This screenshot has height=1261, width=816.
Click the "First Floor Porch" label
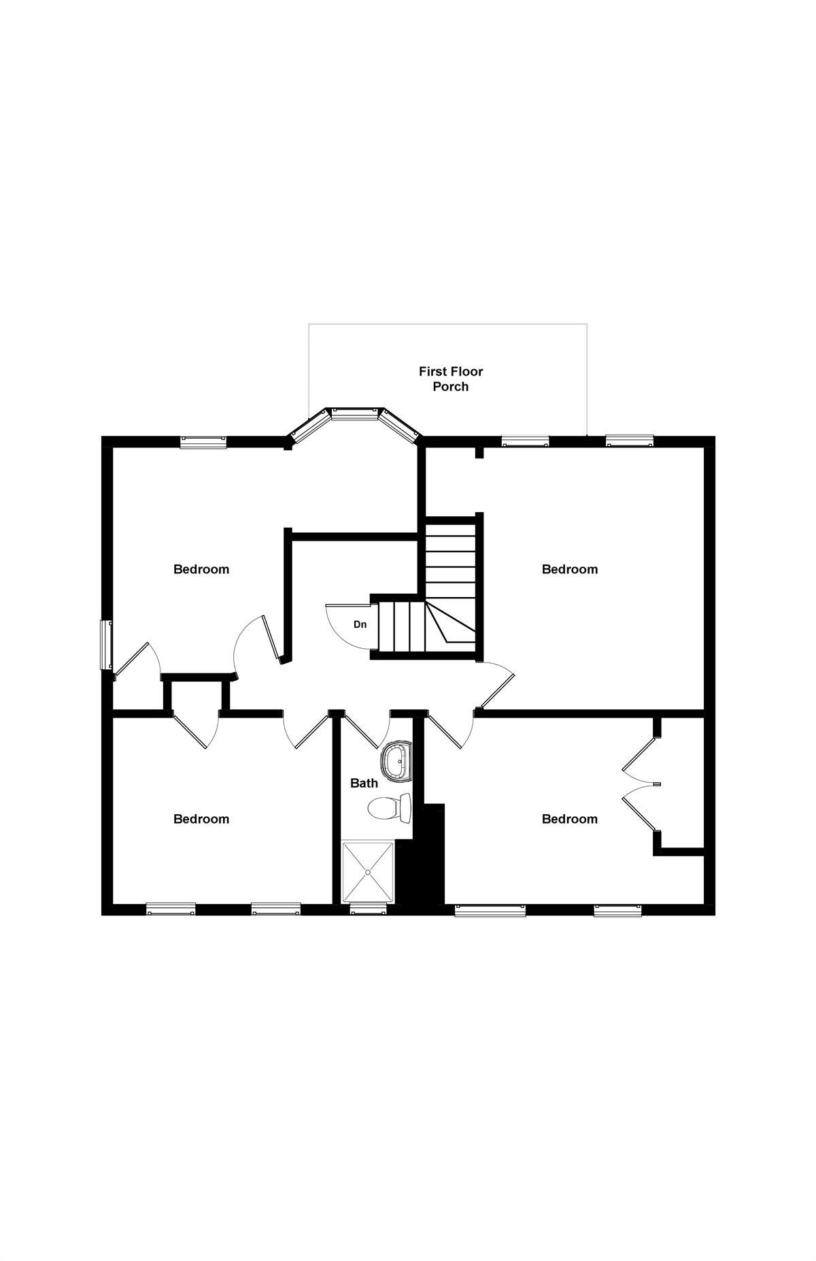[x=451, y=379]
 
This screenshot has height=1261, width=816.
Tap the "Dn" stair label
[x=360, y=624]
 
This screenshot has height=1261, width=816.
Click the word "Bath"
[x=364, y=783]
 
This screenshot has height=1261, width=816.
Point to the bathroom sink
[x=396, y=761]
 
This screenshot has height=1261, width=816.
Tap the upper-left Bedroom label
[x=201, y=569]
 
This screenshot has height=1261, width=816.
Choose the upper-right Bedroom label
[x=570, y=569]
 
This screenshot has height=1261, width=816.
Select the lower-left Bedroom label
[x=201, y=819]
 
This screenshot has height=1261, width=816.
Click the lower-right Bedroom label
[x=570, y=819]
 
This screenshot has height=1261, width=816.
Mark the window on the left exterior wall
[x=106, y=644]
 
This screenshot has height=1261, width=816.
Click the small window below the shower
[x=368, y=909]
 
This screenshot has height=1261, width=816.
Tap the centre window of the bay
[x=357, y=413]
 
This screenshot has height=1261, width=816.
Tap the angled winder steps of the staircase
[x=450, y=622]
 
